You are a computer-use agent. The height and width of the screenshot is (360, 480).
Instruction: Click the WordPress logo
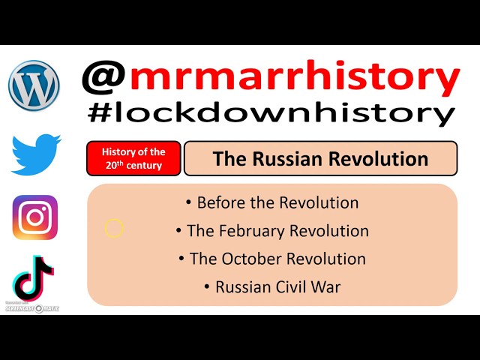point(34,85)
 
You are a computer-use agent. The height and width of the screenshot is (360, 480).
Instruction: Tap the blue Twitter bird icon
point(35,154)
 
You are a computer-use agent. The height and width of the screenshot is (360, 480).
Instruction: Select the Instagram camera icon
point(35,217)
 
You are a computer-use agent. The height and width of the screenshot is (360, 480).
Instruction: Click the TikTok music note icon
point(34,277)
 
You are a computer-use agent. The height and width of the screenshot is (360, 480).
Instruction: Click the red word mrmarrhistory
point(293,79)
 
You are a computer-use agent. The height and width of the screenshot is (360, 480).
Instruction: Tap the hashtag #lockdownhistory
point(270,113)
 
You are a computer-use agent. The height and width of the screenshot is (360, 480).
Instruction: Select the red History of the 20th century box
point(133,158)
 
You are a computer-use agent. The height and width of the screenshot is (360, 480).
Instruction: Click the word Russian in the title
point(285,158)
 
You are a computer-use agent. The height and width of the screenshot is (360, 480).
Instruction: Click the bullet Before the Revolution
point(272,202)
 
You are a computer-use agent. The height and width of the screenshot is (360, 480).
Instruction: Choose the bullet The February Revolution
point(272,230)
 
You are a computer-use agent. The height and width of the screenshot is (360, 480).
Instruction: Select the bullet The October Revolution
point(272,259)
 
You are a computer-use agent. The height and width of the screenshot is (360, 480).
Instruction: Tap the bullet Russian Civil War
point(272,286)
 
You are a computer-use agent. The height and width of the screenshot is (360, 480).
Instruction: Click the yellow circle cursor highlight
point(114,228)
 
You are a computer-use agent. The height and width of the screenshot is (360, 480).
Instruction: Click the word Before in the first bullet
point(221,202)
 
